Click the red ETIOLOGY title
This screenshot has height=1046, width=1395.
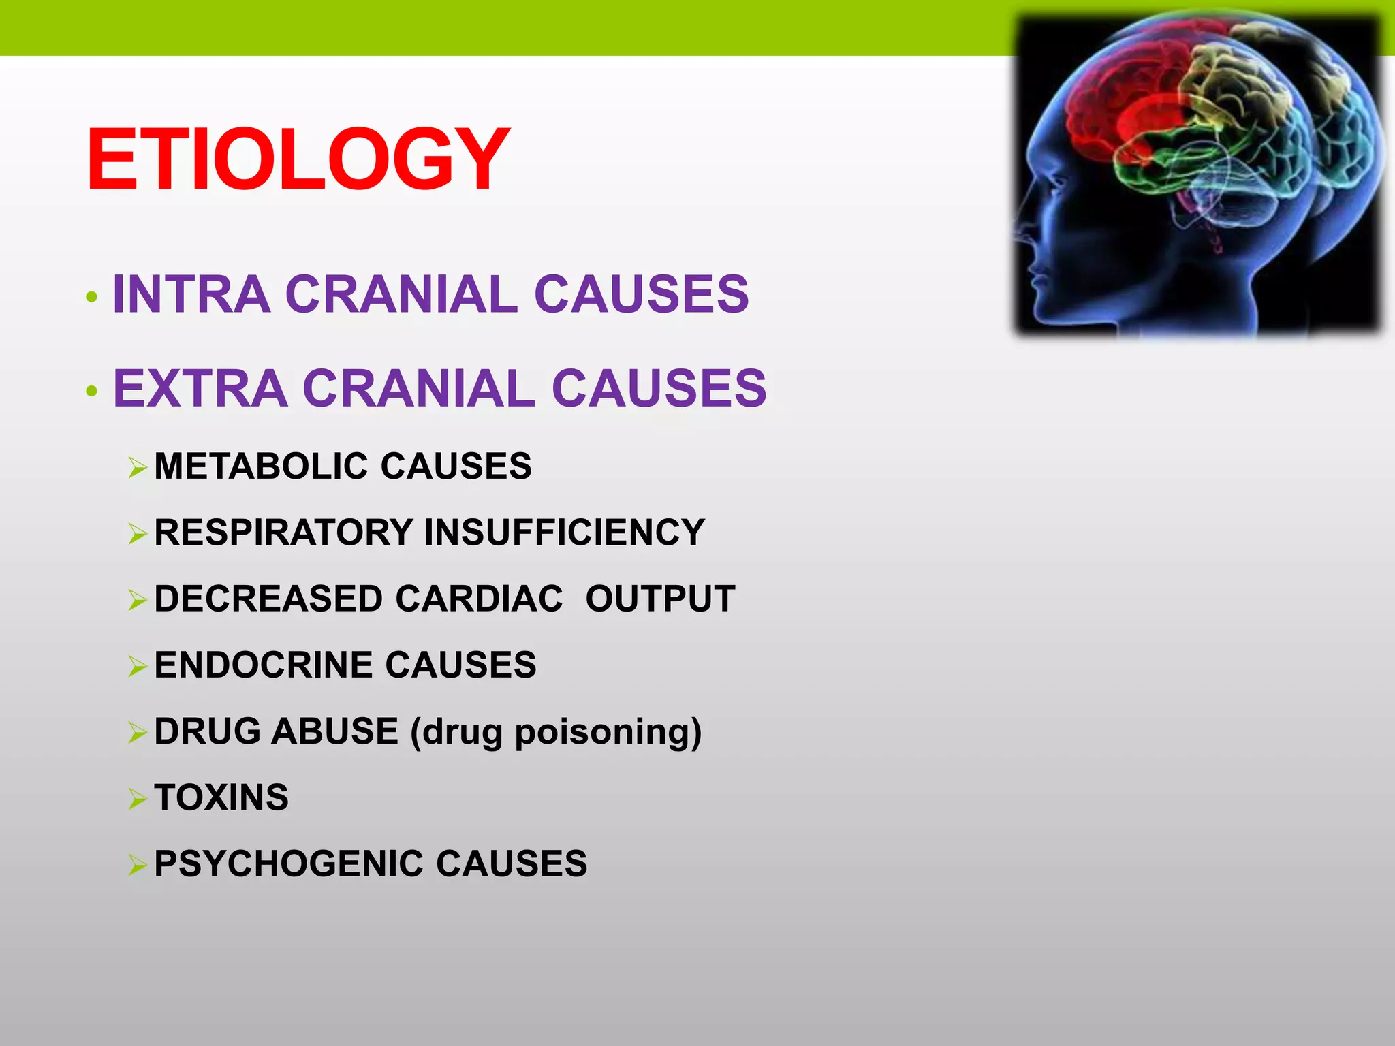coord(298,160)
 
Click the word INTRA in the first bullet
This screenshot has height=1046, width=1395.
coord(191,294)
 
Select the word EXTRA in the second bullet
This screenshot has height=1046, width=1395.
coord(200,388)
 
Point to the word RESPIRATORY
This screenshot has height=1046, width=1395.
coord(283,533)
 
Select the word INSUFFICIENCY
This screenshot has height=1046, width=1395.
coord(564,533)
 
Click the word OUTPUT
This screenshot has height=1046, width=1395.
coord(660,599)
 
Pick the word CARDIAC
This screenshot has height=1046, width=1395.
coord(479,599)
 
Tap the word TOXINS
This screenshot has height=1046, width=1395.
coord(221,797)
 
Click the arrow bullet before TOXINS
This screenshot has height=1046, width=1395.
coord(138,799)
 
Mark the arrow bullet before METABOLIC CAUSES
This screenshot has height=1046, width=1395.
coord(138,468)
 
